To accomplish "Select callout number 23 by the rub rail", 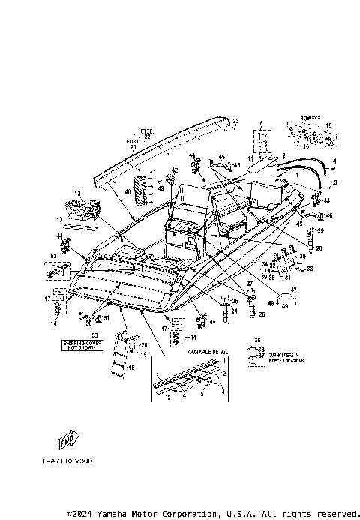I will pos(235,121).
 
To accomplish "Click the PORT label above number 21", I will pos(133,141).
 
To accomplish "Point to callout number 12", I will pos(76,193).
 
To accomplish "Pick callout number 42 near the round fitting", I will pos(174,170).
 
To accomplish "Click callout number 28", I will pos(317,248).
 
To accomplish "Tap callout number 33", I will pos(310,268).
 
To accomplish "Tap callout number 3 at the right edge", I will pos(335,182).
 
